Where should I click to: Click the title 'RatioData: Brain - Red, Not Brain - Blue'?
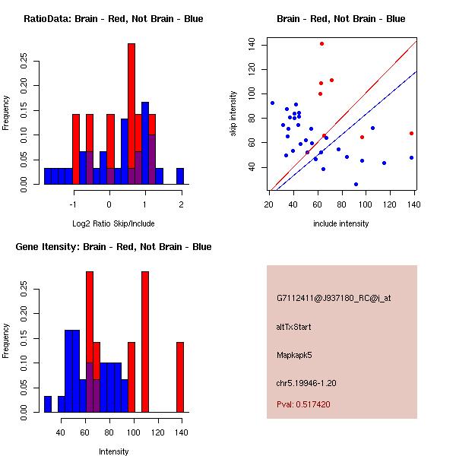coord(113,19)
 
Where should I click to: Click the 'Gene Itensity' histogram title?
coord(113,247)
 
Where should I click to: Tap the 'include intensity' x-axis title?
coord(341,223)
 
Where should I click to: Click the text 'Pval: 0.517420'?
coord(303,405)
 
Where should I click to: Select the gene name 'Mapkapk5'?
coord(296,354)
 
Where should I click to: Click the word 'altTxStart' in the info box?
coord(294,327)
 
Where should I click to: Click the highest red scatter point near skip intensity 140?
coord(322,44)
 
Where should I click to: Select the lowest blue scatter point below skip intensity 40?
coord(356,184)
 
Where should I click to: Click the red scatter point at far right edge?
coord(411,133)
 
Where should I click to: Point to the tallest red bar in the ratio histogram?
coord(131,114)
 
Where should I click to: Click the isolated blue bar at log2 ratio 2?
coord(180,176)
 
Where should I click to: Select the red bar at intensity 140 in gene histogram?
coord(180,377)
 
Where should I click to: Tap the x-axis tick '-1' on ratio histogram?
coord(74,204)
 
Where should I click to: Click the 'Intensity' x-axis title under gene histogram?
coord(113,451)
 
